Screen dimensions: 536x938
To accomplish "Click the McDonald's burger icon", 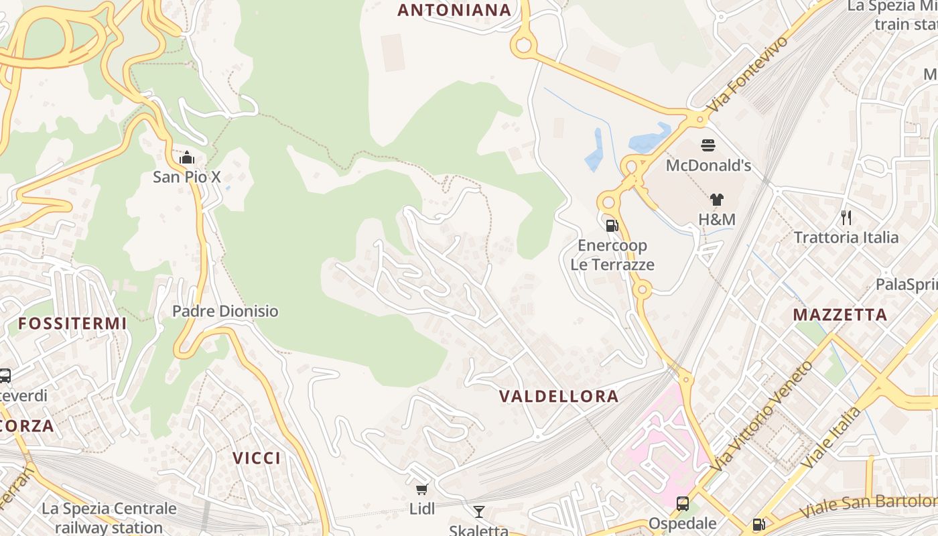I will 708,145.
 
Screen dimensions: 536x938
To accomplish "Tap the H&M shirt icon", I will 717,199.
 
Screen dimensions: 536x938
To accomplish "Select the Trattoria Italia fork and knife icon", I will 846,217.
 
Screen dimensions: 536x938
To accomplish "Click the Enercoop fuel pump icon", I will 612,226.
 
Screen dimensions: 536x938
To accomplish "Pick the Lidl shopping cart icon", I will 421,490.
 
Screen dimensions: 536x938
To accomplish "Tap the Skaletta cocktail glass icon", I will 478,513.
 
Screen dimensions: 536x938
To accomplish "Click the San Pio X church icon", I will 187,158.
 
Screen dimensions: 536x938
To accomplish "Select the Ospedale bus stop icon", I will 683,504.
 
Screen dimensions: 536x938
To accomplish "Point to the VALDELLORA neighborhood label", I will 559,396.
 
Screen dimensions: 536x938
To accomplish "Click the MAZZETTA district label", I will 840,314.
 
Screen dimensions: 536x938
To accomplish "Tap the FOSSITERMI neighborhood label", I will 72,323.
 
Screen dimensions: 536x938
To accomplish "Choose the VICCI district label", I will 257,458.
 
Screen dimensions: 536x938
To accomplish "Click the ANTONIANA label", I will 454,10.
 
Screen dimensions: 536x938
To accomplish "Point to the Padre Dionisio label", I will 225,311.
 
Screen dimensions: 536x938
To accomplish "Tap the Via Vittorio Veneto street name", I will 762,415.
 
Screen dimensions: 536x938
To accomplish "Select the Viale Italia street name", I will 831,438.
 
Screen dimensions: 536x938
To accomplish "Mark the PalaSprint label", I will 907,285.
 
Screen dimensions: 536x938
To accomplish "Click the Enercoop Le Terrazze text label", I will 612,255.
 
